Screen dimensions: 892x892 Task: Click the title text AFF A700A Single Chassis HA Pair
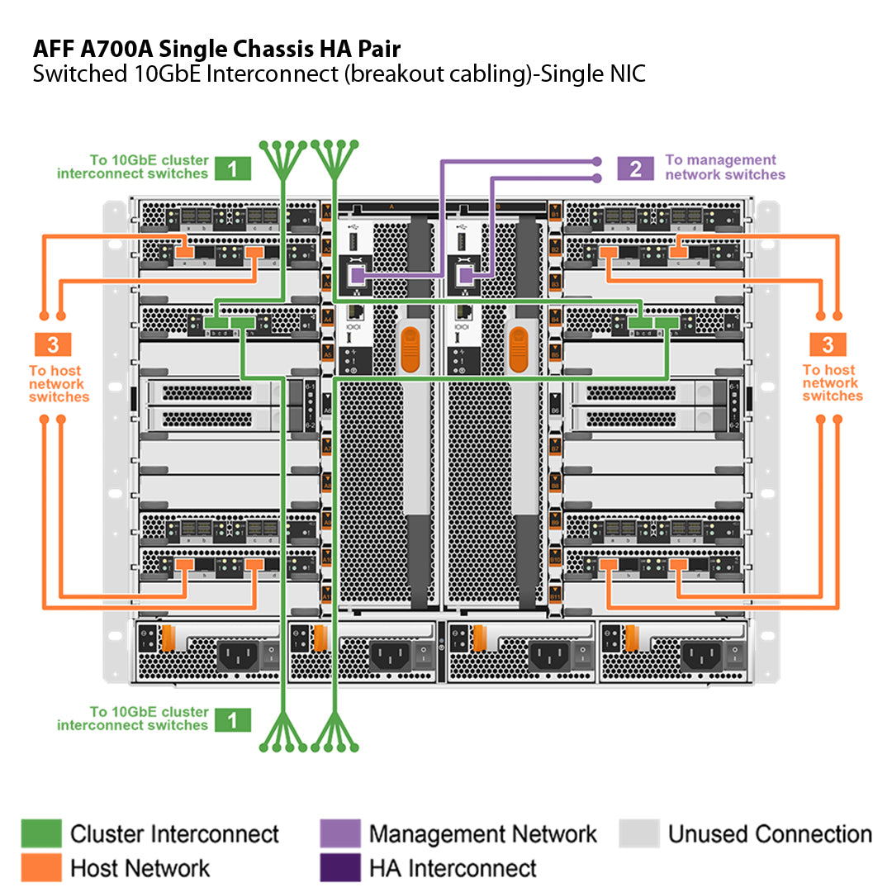[216, 48]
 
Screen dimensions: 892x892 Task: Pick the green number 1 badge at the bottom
[233, 719]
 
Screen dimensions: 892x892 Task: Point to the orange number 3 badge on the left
[53, 344]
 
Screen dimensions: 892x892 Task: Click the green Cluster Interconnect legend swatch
[41, 833]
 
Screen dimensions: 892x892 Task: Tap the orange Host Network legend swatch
[41, 867]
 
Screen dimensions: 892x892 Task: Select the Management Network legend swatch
[339, 833]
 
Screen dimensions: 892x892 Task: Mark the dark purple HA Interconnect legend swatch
[339, 867]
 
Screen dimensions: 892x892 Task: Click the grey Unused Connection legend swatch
[639, 833]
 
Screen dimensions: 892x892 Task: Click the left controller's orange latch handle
[410, 349]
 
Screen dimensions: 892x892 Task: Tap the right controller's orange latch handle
[518, 349]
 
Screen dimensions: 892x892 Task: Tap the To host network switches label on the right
[833, 383]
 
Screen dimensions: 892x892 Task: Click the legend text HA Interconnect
[453, 868]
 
